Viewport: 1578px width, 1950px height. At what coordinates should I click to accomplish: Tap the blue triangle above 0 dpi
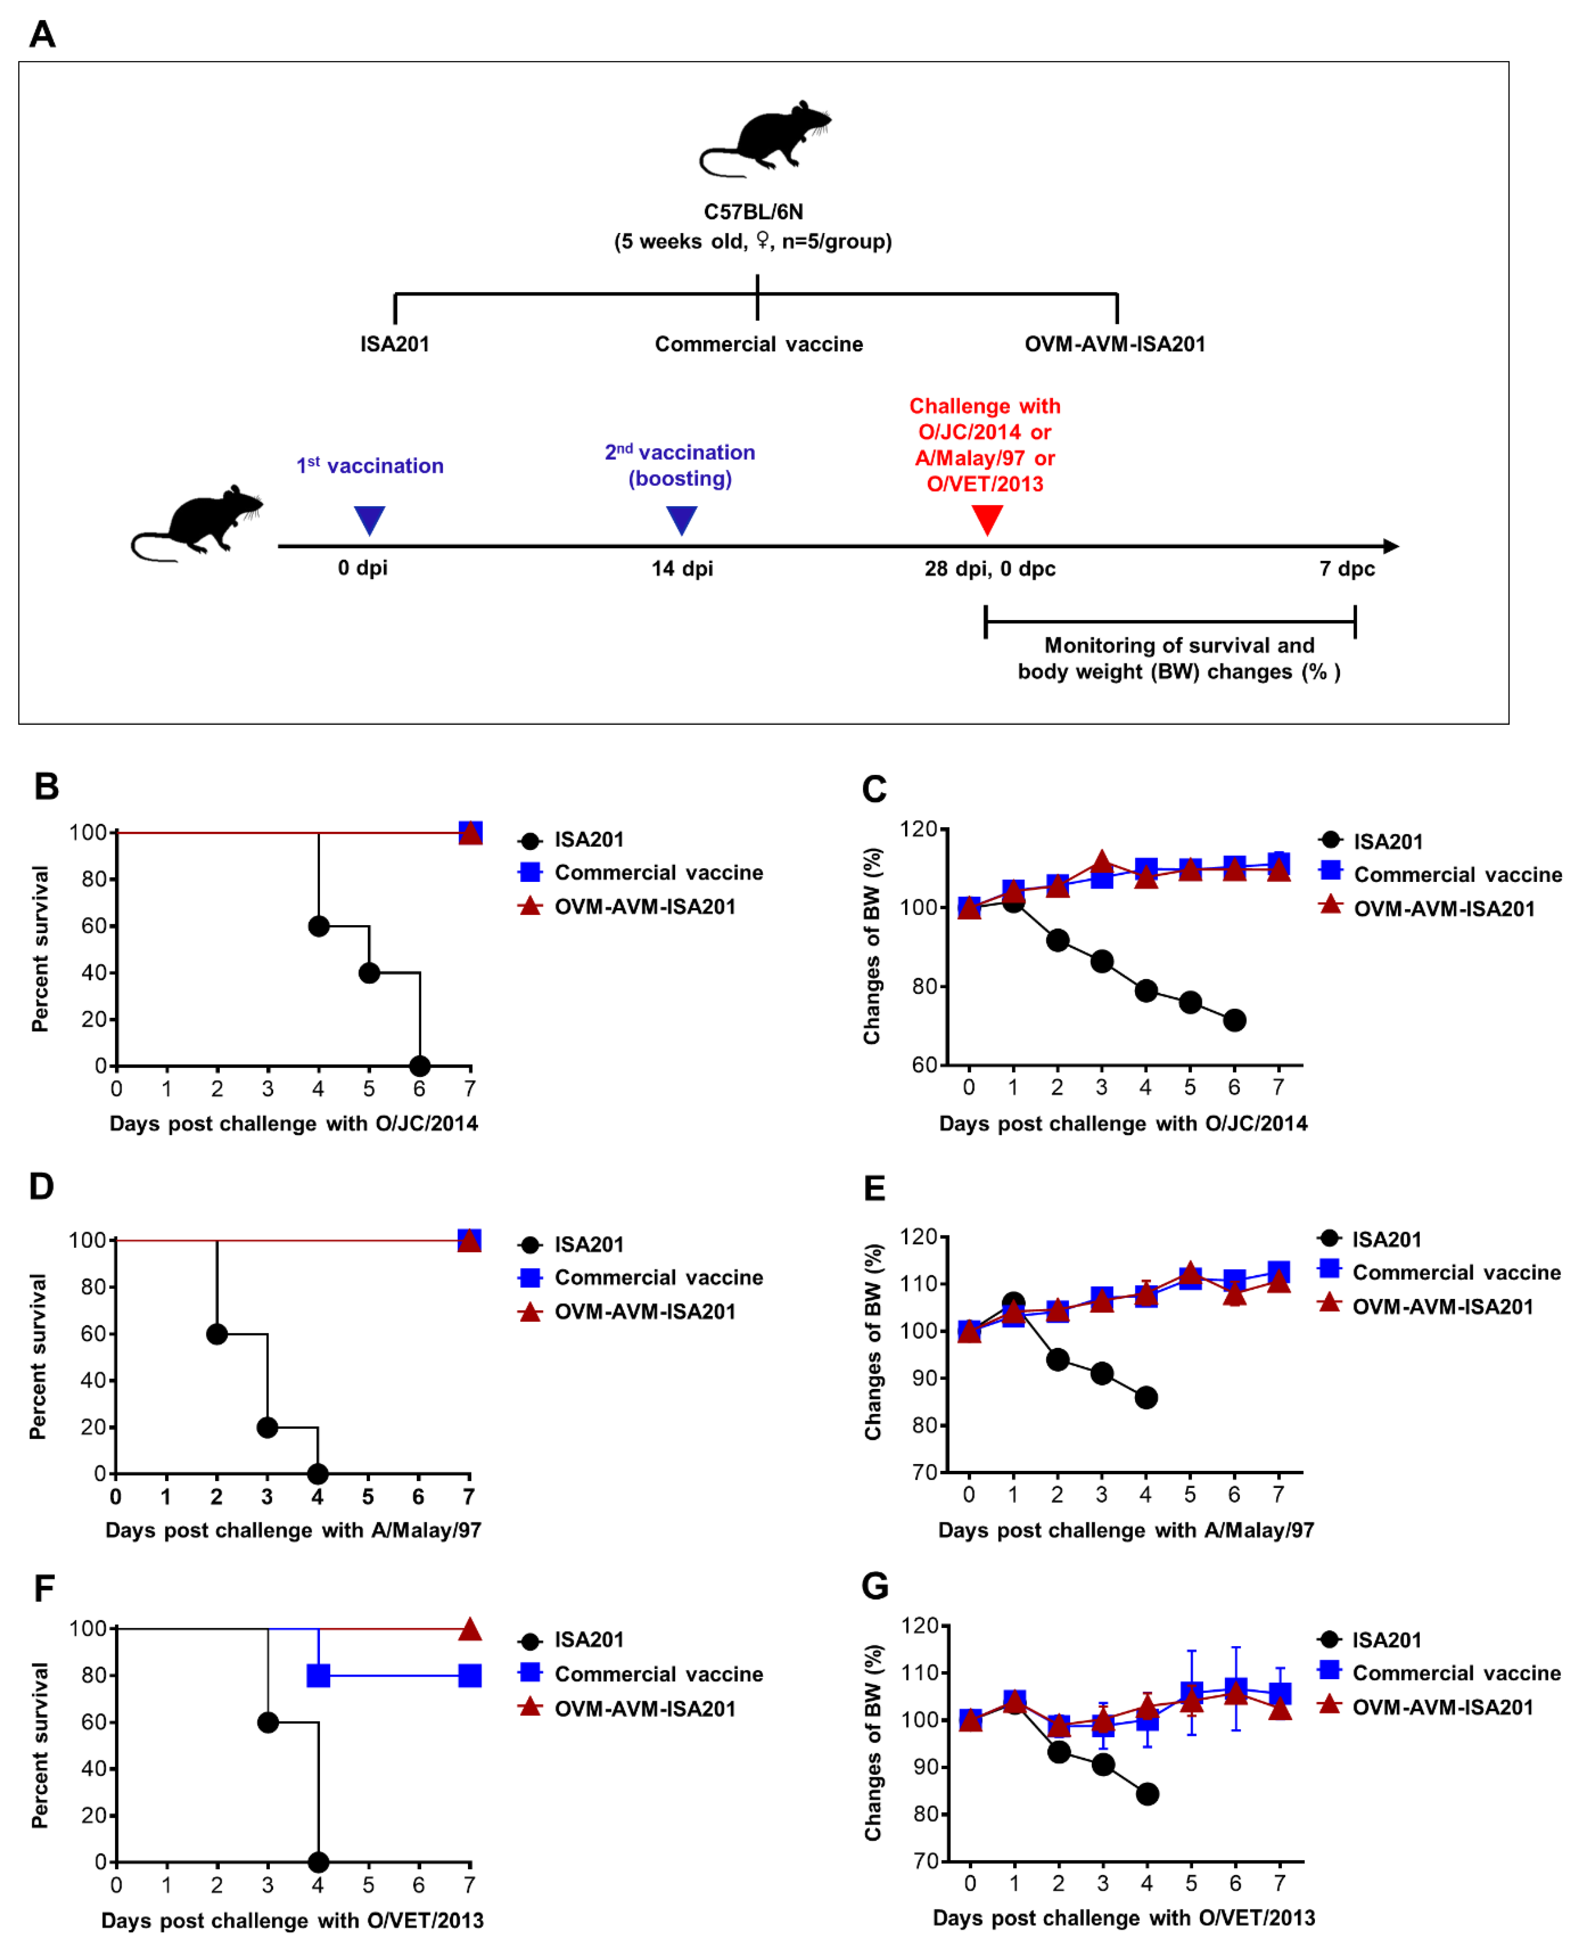[369, 519]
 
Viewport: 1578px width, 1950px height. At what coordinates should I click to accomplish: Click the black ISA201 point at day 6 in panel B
[419, 1066]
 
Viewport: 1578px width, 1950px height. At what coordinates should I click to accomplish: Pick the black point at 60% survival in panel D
[216, 1334]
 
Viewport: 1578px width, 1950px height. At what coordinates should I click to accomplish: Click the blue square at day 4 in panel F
[318, 1675]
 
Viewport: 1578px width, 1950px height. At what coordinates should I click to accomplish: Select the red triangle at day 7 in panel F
[469, 1628]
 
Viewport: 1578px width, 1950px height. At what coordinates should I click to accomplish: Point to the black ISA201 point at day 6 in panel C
[1233, 1020]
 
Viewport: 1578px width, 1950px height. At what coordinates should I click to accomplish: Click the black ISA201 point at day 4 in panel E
[1145, 1397]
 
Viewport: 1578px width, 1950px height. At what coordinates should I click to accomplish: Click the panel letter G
[874, 1586]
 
